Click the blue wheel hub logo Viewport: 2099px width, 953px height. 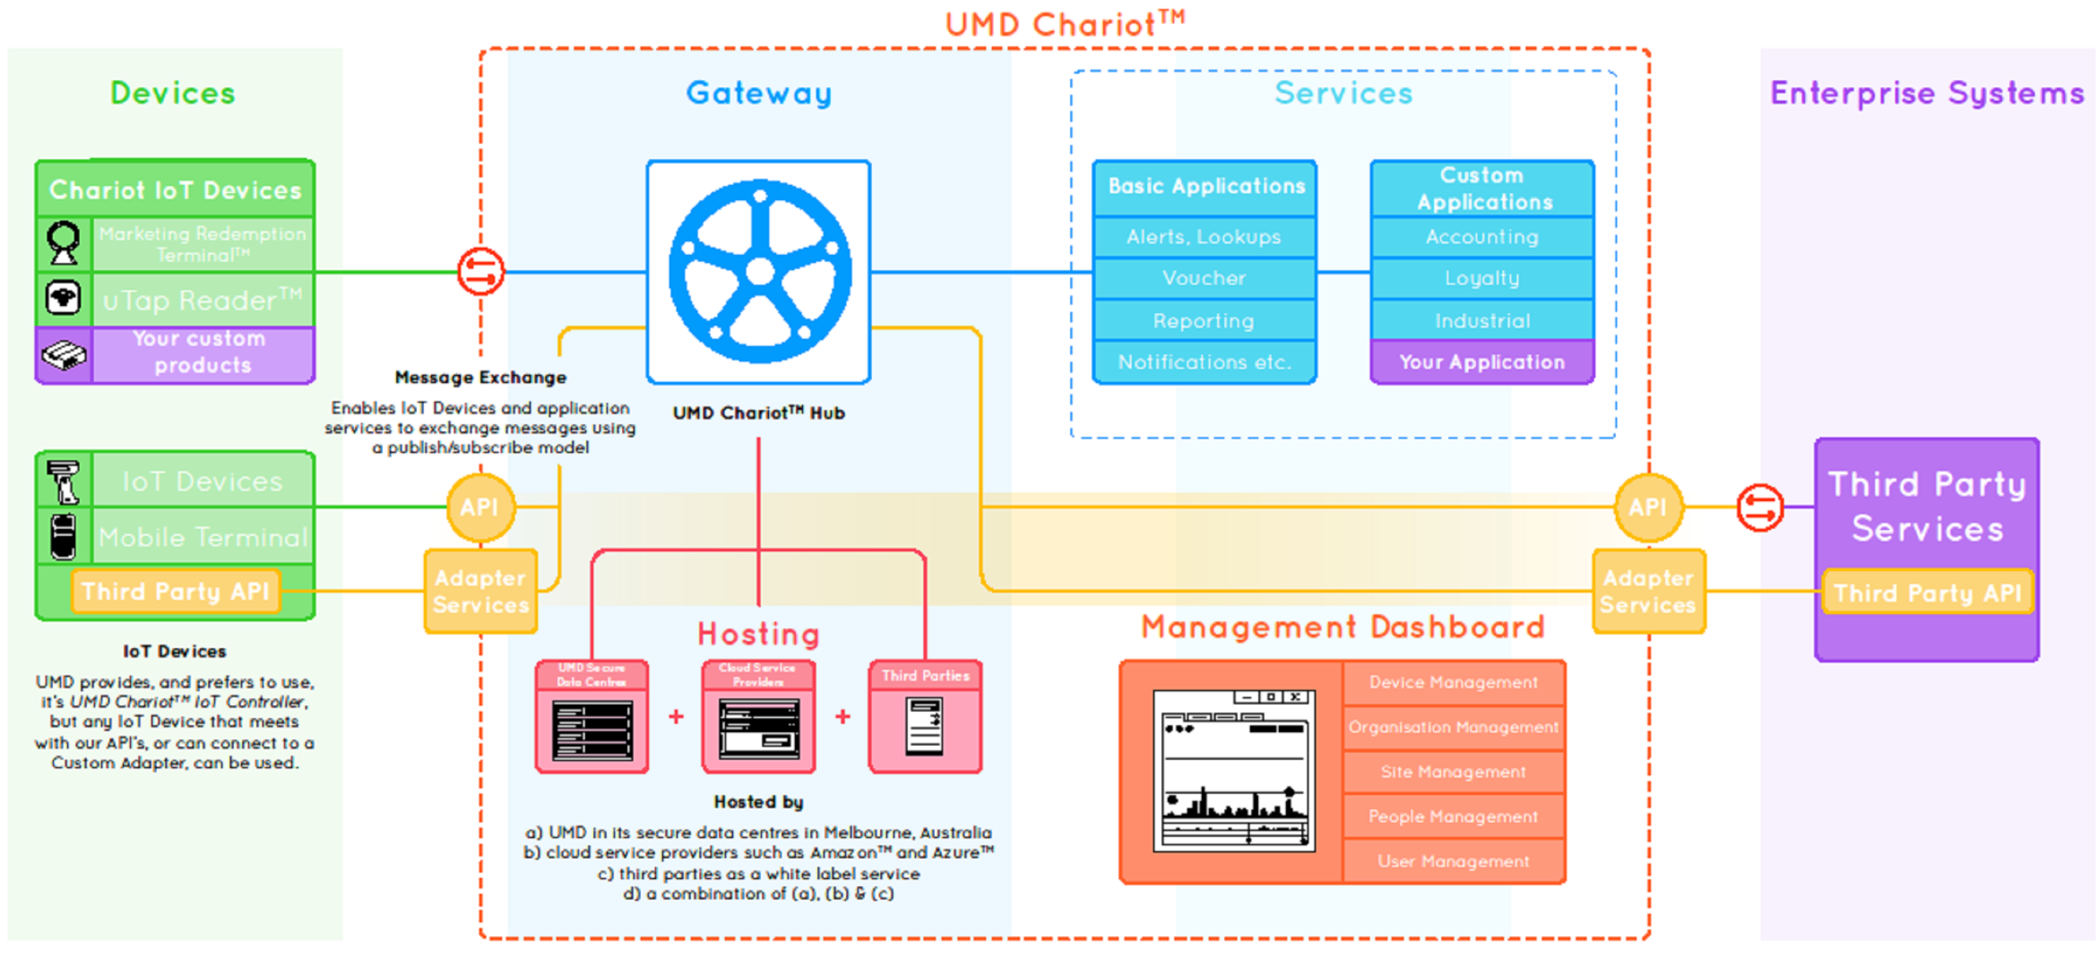tap(759, 271)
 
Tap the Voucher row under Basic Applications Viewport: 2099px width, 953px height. tap(1203, 278)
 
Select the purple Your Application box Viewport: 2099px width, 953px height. tap(1482, 363)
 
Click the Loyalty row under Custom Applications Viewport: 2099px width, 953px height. tap(1482, 278)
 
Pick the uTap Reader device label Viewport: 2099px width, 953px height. tap(202, 300)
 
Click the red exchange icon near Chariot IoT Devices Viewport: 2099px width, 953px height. tap(481, 271)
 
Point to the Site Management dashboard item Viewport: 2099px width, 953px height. tap(1453, 771)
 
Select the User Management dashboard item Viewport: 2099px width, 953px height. tap(1453, 861)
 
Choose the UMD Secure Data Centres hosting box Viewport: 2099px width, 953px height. tap(592, 717)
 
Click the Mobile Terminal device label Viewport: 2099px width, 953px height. tap(202, 537)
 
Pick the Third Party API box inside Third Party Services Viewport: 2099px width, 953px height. tap(1927, 592)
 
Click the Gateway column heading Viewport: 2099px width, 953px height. tap(759, 93)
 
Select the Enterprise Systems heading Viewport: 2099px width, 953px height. tap(1927, 93)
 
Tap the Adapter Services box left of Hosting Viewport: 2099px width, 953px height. tap(481, 591)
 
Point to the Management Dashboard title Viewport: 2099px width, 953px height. tap(1342, 626)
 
